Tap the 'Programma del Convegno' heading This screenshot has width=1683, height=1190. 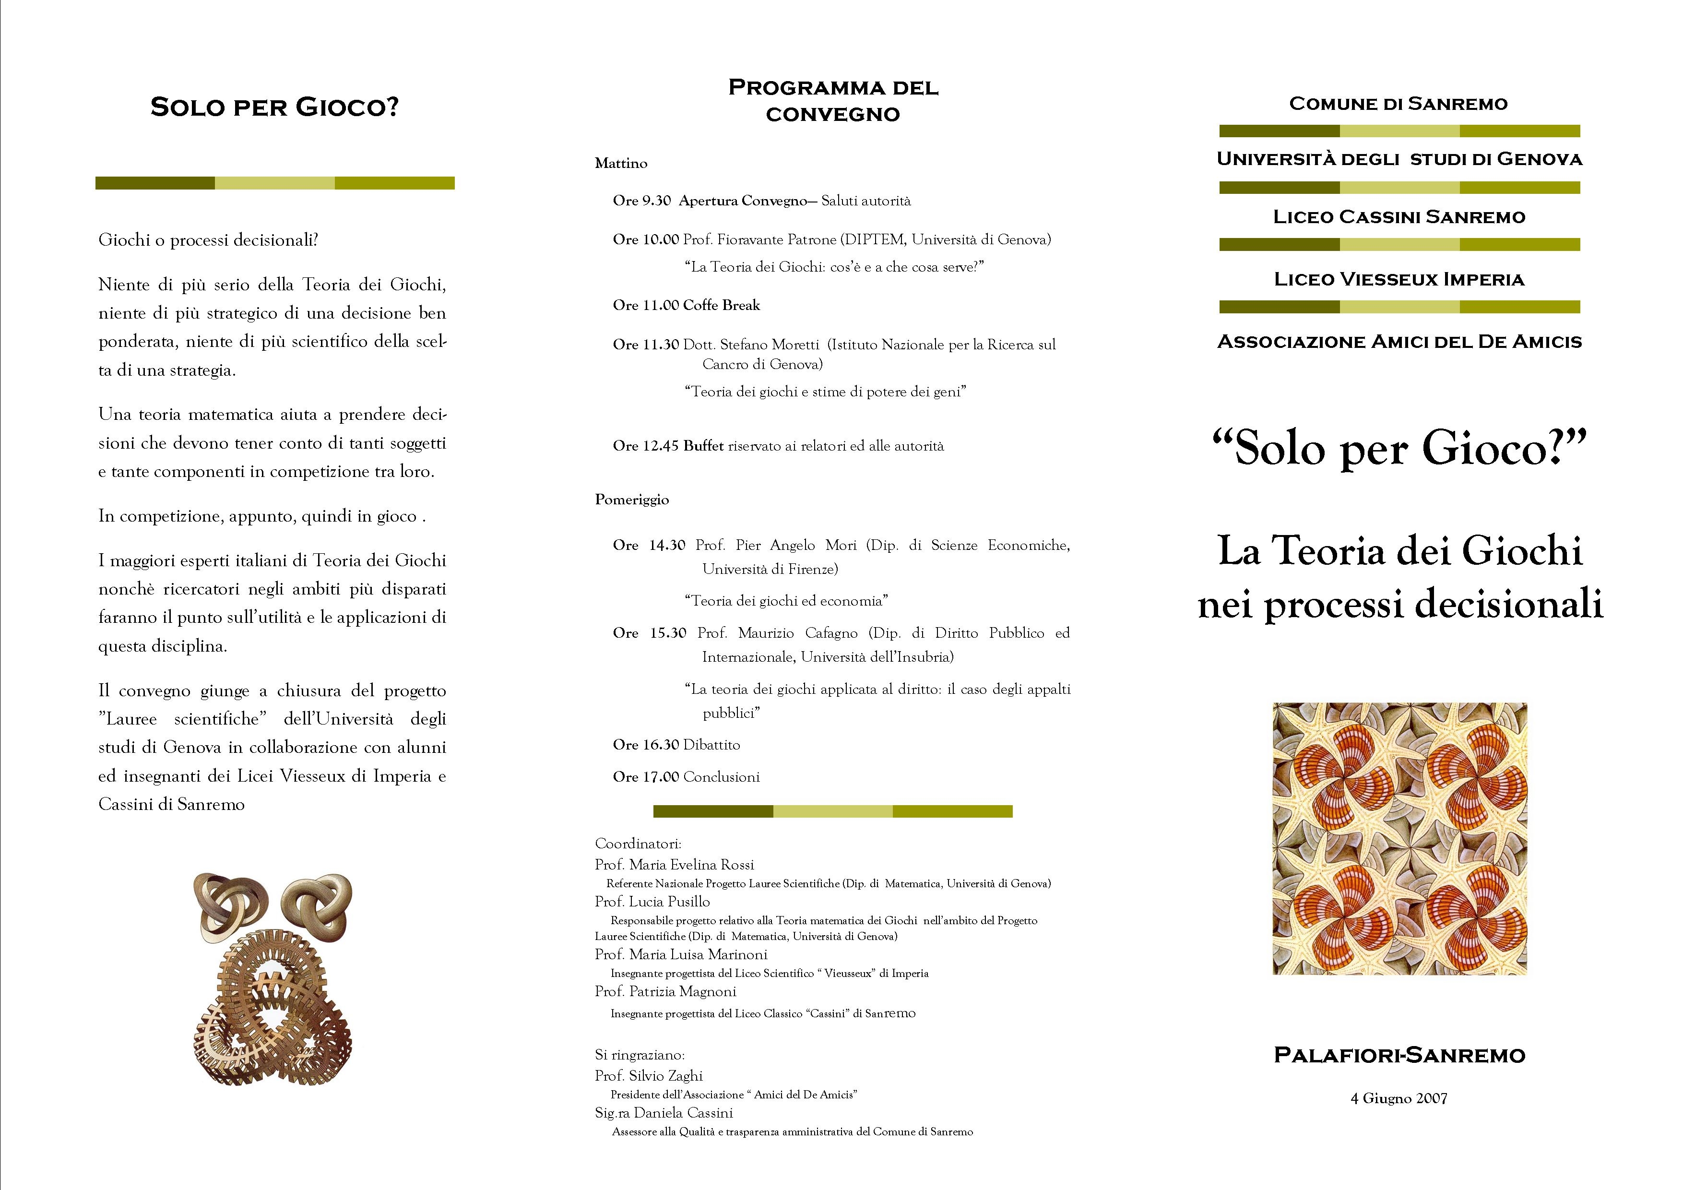[x=833, y=100]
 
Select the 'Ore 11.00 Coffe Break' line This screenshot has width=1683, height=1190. [x=686, y=305]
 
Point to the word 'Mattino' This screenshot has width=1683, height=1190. [x=621, y=164]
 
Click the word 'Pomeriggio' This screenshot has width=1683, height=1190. [x=632, y=500]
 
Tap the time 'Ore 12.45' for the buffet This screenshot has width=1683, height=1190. [x=645, y=446]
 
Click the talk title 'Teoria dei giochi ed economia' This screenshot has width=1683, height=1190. [x=786, y=600]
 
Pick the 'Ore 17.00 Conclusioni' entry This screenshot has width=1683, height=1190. [x=686, y=776]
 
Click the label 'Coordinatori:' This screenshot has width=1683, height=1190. [x=638, y=843]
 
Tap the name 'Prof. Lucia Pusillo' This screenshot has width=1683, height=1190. [x=652, y=901]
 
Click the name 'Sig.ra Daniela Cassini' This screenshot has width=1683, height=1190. [x=664, y=1112]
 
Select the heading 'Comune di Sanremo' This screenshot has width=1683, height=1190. [x=1399, y=104]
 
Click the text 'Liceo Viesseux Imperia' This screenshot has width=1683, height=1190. [x=1399, y=279]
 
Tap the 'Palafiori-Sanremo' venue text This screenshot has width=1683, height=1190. [x=1399, y=1055]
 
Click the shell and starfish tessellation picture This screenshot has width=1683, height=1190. [x=1399, y=838]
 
